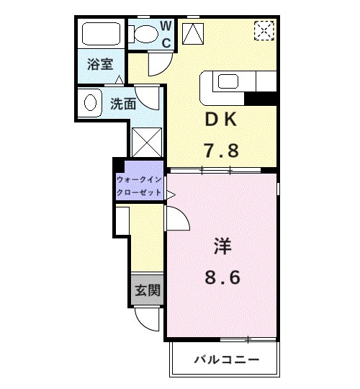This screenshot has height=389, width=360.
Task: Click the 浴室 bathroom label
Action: pyautogui.click(x=100, y=64)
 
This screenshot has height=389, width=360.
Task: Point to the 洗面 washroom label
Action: pyautogui.click(x=123, y=104)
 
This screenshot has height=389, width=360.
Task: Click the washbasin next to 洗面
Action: pyautogui.click(x=90, y=102)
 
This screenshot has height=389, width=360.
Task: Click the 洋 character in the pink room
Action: pyautogui.click(x=221, y=246)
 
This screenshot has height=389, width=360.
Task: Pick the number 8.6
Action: pyautogui.click(x=221, y=277)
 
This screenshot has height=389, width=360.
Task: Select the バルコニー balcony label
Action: pyautogui.click(x=225, y=359)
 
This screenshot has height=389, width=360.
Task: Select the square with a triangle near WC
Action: pyautogui.click(x=193, y=33)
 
